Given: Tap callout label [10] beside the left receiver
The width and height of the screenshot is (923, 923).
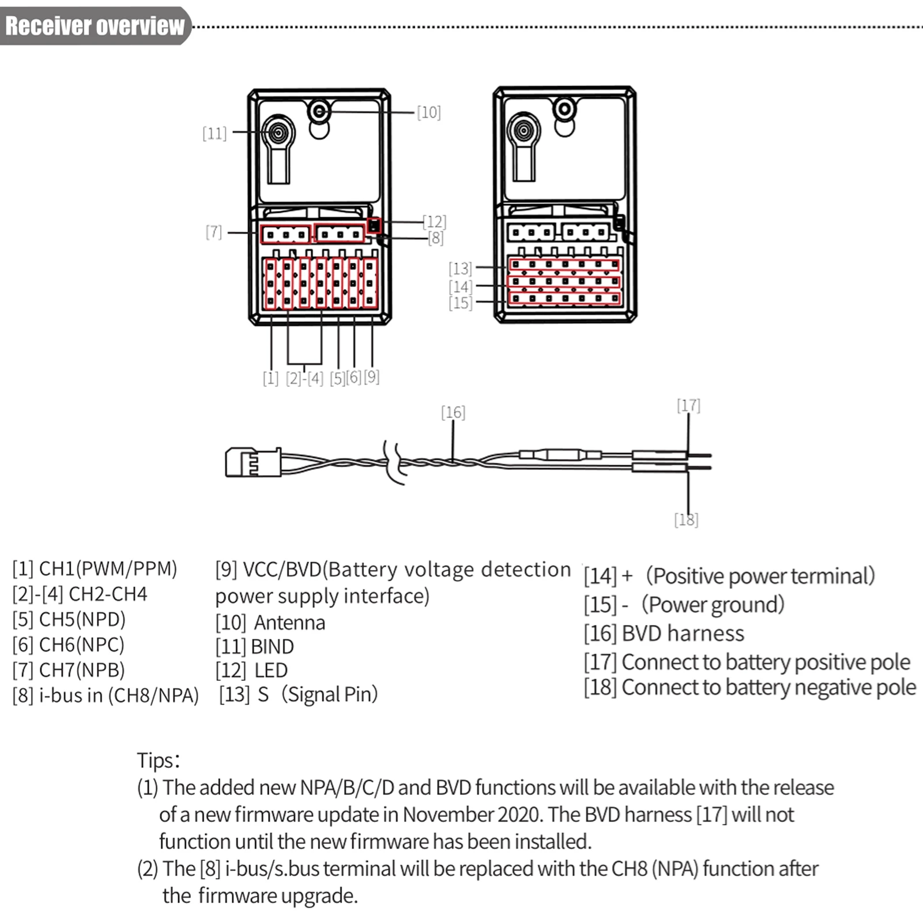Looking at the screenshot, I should (x=429, y=112).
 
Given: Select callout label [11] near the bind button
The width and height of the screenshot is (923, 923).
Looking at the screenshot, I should (x=214, y=133).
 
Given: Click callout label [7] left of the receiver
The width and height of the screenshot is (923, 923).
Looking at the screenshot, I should (x=214, y=232).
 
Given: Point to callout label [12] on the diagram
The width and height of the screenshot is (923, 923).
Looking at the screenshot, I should (x=434, y=221).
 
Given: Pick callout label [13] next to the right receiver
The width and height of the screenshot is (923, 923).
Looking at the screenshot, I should (x=460, y=268).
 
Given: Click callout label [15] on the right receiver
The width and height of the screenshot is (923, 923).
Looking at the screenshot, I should (x=460, y=303).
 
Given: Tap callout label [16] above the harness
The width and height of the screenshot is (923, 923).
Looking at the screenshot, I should (x=453, y=412).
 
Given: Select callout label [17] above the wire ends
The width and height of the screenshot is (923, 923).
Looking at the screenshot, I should (x=688, y=405).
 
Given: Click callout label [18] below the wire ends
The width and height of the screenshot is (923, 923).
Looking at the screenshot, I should (x=686, y=519).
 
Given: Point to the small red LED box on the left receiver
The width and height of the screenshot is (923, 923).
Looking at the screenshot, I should (x=374, y=225).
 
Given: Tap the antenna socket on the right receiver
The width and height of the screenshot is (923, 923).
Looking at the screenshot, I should (x=564, y=109).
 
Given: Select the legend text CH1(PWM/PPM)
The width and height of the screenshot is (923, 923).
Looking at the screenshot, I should (x=108, y=568).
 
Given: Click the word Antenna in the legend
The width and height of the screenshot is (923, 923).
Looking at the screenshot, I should (x=289, y=623).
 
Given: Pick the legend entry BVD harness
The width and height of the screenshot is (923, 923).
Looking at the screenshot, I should (x=683, y=633).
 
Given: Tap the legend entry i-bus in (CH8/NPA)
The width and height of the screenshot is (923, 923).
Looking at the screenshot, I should (x=119, y=695).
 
